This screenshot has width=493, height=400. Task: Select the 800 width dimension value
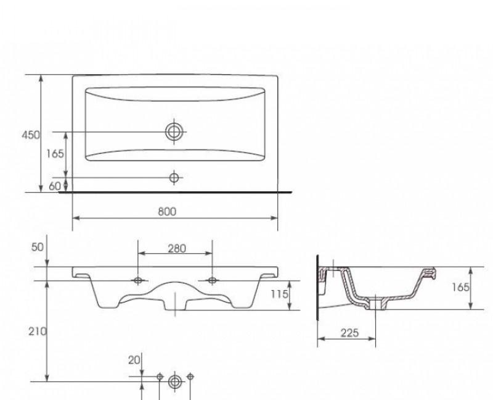(167, 211)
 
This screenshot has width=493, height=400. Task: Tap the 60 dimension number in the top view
(55, 186)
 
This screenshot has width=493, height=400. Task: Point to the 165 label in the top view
(55, 154)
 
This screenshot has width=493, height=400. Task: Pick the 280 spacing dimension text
(177, 249)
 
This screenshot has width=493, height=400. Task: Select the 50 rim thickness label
(38, 247)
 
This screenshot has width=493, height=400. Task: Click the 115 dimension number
(280, 294)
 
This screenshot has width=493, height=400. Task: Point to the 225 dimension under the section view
(349, 333)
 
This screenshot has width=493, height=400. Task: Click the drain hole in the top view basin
(174, 131)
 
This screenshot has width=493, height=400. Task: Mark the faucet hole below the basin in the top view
(174, 178)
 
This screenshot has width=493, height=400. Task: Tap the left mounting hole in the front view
(137, 281)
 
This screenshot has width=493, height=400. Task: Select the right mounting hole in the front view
(212, 281)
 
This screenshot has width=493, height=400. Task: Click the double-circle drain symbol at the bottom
(174, 382)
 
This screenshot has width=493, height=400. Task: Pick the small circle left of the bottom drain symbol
(160, 377)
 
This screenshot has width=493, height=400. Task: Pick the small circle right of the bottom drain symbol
(190, 377)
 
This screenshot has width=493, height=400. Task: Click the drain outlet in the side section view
(377, 303)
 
